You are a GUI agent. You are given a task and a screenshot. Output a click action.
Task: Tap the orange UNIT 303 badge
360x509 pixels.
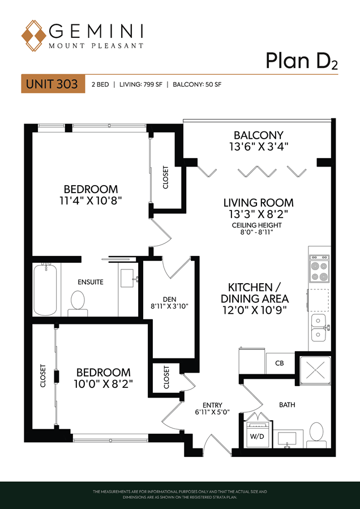pos(53,84)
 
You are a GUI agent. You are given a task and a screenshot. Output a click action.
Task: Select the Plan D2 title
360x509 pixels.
pos(302,61)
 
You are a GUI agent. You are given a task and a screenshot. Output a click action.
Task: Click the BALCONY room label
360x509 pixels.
pos(259,135)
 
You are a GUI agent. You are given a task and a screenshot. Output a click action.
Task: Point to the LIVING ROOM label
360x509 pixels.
pos(258,203)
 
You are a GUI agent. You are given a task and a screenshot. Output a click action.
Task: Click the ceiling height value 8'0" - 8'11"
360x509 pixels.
pos(256,233)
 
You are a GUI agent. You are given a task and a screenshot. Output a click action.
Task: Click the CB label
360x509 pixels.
pos(280,363)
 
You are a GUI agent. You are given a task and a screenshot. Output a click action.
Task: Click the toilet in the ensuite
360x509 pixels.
pos(78,303)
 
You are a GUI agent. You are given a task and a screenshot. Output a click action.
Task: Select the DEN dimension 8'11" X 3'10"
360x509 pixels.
pos(170,306)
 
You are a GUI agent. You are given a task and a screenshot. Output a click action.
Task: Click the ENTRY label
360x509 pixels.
pos(212,405)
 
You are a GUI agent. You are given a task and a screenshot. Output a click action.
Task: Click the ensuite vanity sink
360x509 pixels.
pos(130,278)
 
